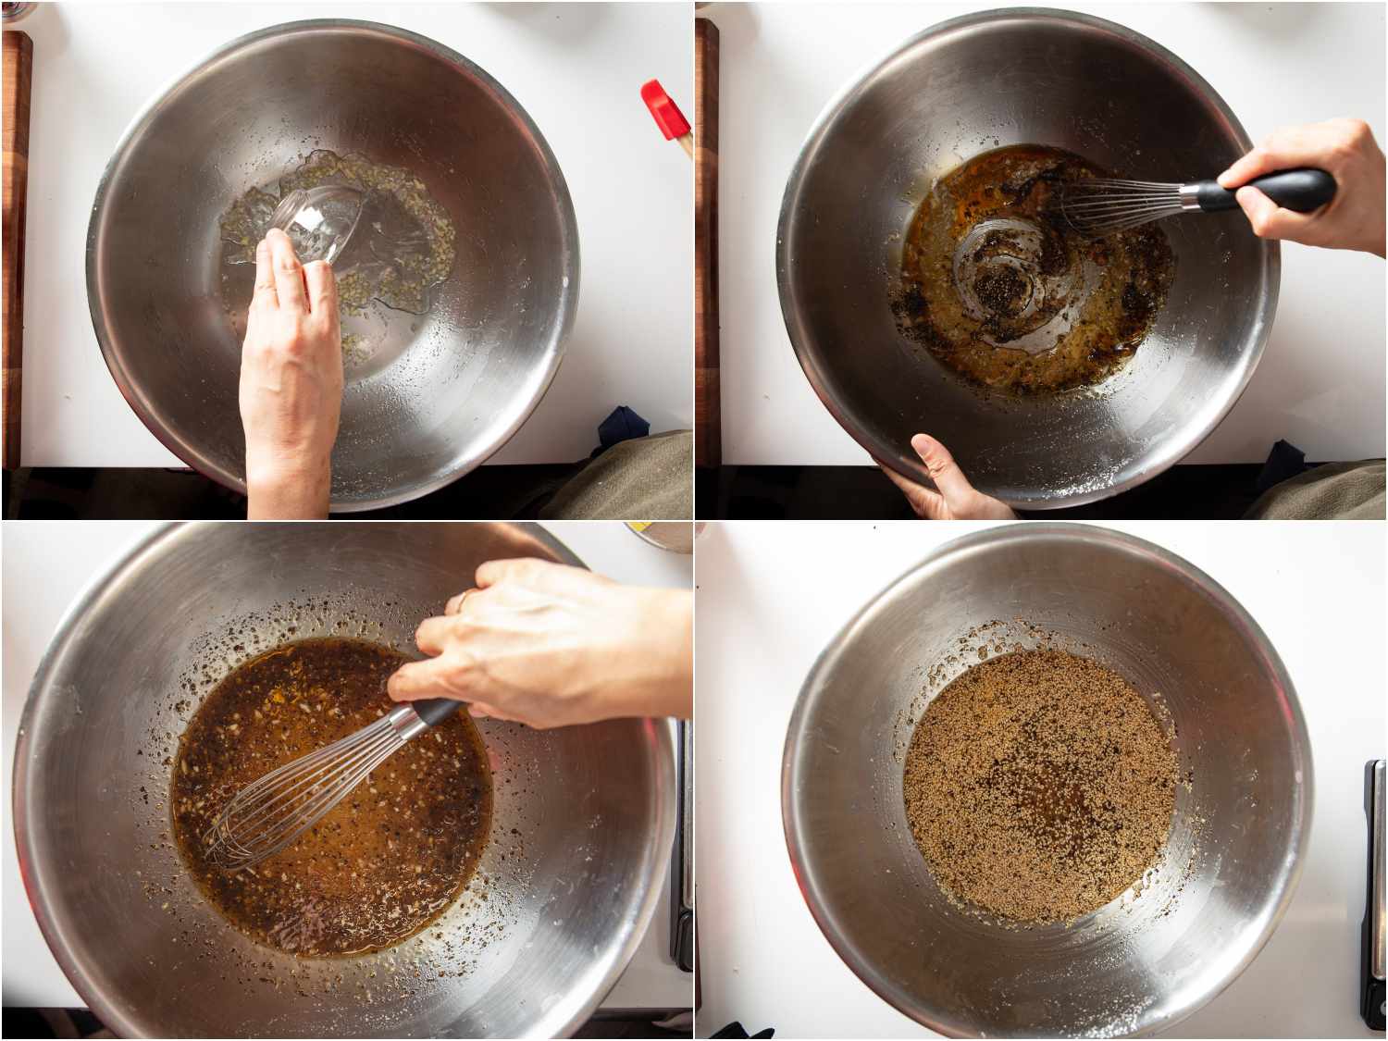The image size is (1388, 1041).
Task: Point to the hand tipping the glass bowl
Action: coord(289,370)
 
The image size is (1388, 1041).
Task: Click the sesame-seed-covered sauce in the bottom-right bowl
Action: coord(1036,787)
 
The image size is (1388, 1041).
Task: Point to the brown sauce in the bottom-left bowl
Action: coord(370,851)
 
